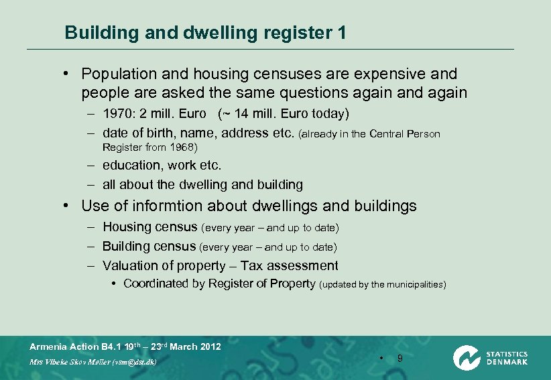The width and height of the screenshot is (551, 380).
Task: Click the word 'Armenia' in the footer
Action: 49,346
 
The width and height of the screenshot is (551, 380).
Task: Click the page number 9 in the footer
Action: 400,359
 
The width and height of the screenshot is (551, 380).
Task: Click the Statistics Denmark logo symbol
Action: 466,357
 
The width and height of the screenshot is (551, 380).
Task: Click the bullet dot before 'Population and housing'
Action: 68,74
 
